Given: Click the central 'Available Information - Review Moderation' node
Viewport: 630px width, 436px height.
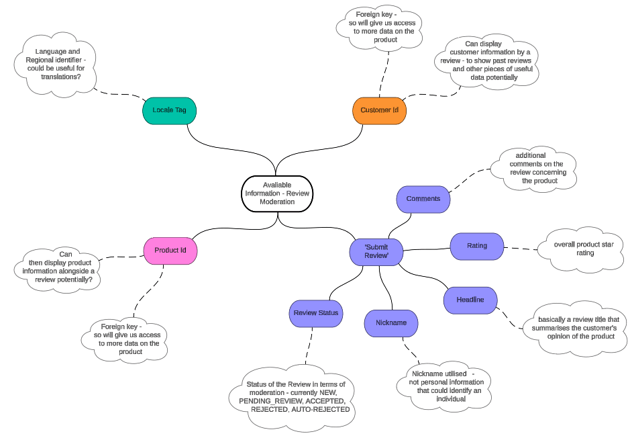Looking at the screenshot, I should pyautogui.click(x=277, y=193).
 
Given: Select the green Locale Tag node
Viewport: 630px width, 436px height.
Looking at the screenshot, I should pyautogui.click(x=169, y=110).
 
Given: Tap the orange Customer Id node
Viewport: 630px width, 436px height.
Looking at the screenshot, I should pyautogui.click(x=379, y=110).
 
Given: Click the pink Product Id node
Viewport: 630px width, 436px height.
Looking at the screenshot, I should pyautogui.click(x=170, y=251).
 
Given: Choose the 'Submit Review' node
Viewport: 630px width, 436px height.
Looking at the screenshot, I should pyautogui.click(x=376, y=251).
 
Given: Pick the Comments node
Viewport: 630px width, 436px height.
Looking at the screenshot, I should pyautogui.click(x=423, y=199).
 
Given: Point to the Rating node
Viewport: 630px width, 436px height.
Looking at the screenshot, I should pyautogui.click(x=477, y=246).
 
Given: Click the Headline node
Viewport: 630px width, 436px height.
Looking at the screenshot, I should pyautogui.click(x=470, y=300).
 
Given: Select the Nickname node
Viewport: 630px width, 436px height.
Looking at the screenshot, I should pyautogui.click(x=391, y=323).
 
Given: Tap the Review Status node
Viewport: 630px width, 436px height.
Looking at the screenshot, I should pyautogui.click(x=316, y=313).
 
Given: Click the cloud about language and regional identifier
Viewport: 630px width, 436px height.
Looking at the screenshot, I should pyautogui.click(x=56, y=64).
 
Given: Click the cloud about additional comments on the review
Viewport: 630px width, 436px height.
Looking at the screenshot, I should pyautogui.click(x=535, y=168).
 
